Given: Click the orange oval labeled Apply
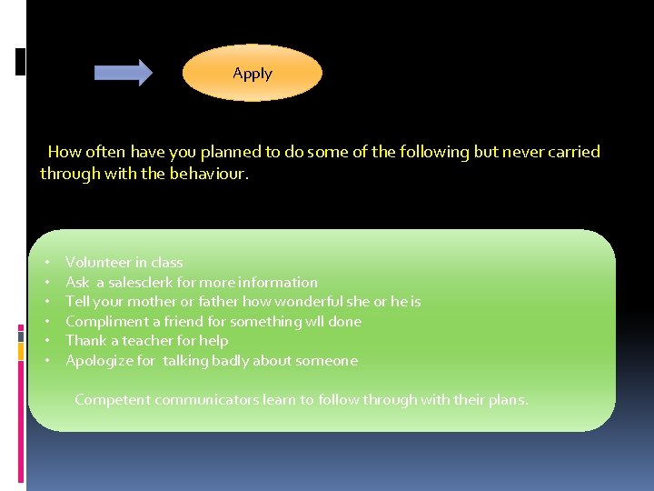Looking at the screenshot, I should pos(253,74).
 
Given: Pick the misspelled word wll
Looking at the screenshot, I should pos(315,322).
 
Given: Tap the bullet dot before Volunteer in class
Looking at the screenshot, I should pos(46,263).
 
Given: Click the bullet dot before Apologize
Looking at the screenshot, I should pos(46,361).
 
